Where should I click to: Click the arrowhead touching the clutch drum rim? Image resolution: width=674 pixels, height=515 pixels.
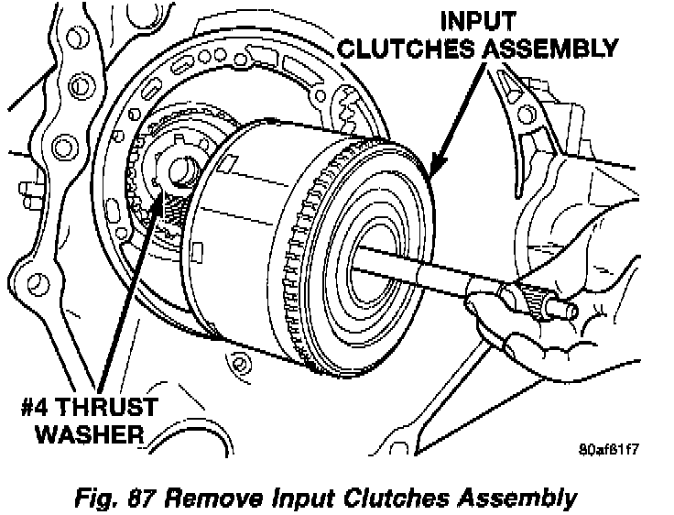pos(434,170)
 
